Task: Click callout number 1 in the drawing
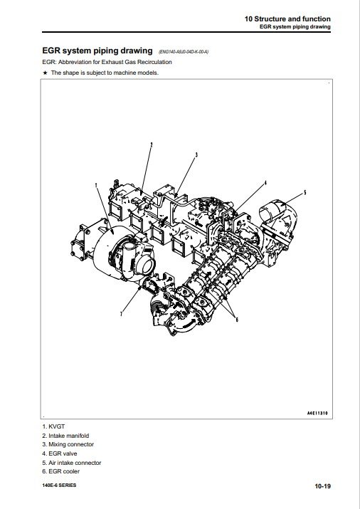pyautogui.click(x=96, y=185)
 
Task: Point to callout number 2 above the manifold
pyautogui.click(x=152, y=145)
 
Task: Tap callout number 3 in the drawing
pyautogui.click(x=196, y=155)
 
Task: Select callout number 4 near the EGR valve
pyautogui.click(x=265, y=183)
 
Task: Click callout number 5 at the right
pyautogui.click(x=305, y=192)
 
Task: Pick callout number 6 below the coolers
pyautogui.click(x=237, y=320)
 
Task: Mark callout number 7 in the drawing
pyautogui.click(x=121, y=314)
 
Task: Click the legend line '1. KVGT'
pyautogui.click(x=53, y=426)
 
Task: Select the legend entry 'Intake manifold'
pyautogui.click(x=69, y=436)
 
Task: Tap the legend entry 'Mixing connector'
pyautogui.click(x=71, y=444)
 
